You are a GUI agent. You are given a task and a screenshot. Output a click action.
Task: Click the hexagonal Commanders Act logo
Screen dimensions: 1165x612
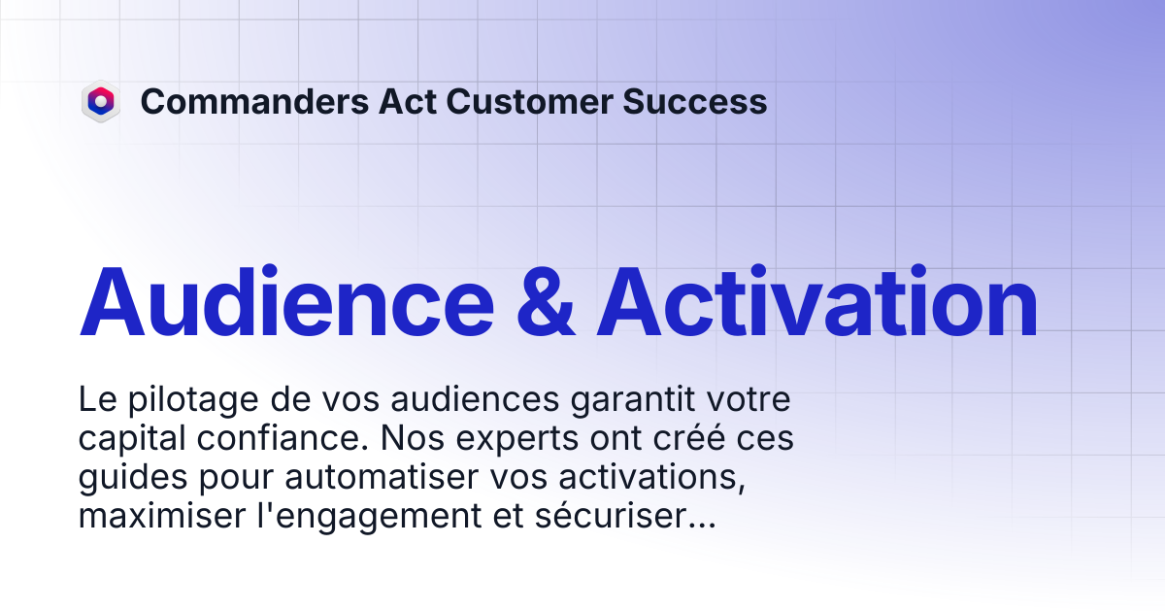click(x=101, y=101)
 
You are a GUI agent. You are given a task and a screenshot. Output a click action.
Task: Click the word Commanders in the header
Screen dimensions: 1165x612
click(x=254, y=101)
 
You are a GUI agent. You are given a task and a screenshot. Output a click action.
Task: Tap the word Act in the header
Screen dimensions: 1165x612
click(x=407, y=101)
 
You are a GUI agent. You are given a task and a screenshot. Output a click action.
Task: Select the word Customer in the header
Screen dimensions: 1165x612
click(x=529, y=101)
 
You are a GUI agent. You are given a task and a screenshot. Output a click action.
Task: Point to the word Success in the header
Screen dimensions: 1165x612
click(x=695, y=101)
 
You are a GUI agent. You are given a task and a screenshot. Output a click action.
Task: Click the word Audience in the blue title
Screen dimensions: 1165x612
click(x=286, y=302)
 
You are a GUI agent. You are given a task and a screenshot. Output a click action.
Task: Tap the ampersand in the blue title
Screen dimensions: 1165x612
click(x=546, y=302)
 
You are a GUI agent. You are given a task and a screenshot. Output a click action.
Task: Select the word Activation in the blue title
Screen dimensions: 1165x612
click(x=817, y=302)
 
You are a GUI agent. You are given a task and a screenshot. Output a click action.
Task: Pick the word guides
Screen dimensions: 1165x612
click(x=133, y=478)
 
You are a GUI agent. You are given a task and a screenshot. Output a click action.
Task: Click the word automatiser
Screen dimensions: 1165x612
click(x=382, y=477)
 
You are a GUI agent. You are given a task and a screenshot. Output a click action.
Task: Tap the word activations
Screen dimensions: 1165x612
click(x=652, y=478)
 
